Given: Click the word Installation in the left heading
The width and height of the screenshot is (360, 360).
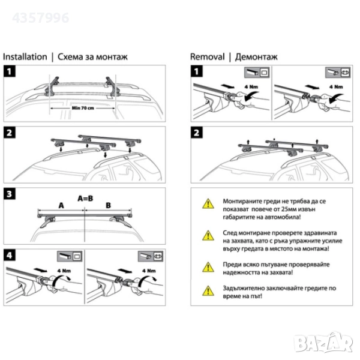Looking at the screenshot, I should (x=25, y=57).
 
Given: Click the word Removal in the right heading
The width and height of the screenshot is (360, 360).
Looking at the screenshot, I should (x=207, y=57).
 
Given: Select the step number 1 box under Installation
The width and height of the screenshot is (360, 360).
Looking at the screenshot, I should (x=10, y=73).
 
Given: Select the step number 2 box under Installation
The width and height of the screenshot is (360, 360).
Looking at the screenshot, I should (x=10, y=133).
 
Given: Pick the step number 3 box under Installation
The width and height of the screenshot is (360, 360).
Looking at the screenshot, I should (x=10, y=194).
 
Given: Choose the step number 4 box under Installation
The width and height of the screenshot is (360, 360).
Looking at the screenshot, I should (x=10, y=255).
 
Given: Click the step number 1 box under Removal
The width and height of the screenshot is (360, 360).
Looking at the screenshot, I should (x=196, y=73).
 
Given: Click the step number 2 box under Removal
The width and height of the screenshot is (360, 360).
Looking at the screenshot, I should (x=196, y=133).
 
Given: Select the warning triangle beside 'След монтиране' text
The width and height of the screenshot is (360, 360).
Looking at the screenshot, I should (x=207, y=235).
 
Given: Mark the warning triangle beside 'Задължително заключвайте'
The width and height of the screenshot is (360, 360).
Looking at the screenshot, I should (x=207, y=292).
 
